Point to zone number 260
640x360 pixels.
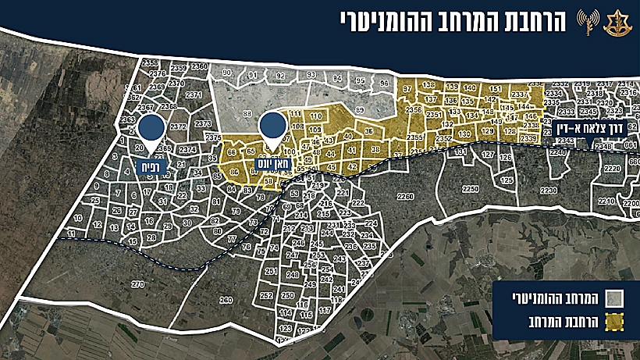[x=226, y=300]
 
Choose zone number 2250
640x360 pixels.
[x=470, y=188]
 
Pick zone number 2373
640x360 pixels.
[x=203, y=124]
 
